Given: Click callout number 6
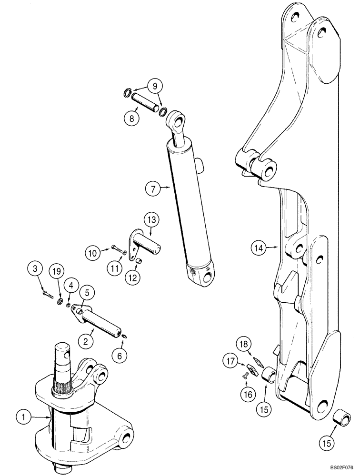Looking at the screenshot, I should pos(120,355).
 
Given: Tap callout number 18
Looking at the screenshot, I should pos(243,344).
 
